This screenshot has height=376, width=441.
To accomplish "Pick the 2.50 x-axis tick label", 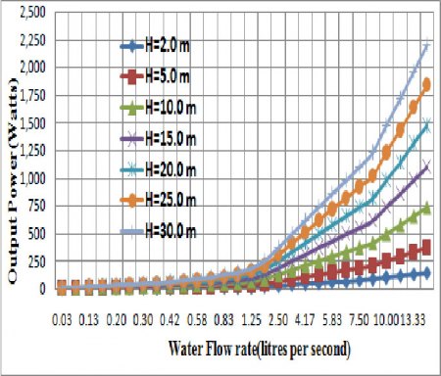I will pyautogui.click(x=276, y=319).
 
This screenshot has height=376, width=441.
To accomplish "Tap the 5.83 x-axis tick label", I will pyautogui.click(x=334, y=319).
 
